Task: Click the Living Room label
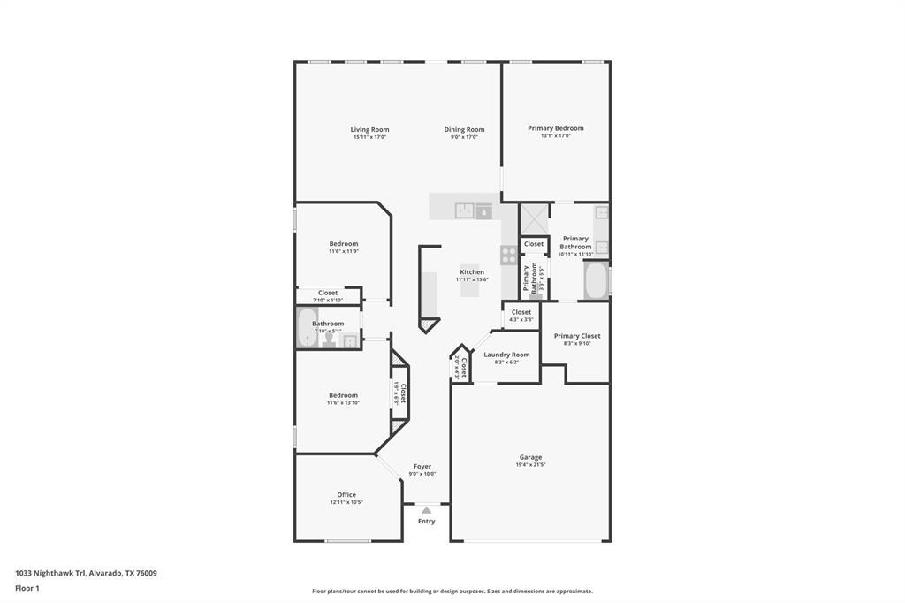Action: (369, 129)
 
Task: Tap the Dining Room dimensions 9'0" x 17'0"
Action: (464, 137)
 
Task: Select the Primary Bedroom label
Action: (555, 128)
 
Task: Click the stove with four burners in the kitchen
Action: (509, 256)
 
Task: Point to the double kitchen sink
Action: (465, 210)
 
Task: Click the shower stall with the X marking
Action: (533, 218)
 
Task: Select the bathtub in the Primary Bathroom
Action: (595, 281)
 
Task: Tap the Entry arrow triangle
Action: (426, 510)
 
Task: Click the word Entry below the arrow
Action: (426, 522)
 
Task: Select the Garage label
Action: (530, 457)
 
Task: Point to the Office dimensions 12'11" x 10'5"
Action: (346, 502)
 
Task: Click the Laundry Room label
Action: (506, 355)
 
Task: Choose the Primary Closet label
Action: (577, 336)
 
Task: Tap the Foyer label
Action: (422, 466)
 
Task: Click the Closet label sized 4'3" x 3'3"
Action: (521, 312)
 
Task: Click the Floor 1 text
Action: (27, 588)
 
